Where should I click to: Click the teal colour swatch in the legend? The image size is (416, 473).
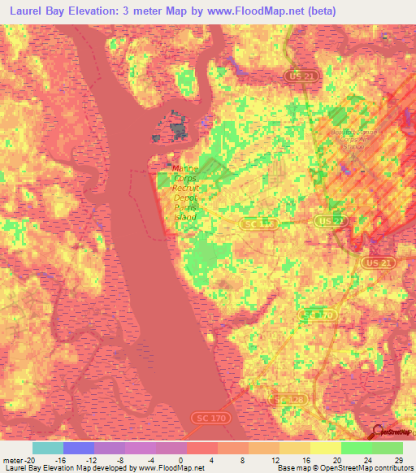tap(48, 448)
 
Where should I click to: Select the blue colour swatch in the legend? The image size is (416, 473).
tap(79, 448)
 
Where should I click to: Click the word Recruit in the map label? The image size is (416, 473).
tap(185, 188)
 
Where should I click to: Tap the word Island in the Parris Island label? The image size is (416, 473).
tap(185, 217)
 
